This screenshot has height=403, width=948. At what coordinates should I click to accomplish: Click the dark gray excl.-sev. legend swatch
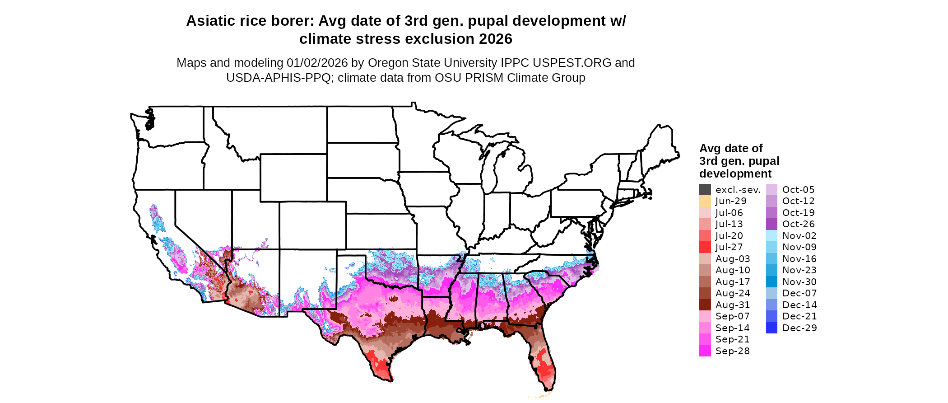point(705,190)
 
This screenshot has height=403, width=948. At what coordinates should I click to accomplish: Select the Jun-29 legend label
point(731,201)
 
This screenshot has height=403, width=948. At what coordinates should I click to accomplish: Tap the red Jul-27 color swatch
point(705,247)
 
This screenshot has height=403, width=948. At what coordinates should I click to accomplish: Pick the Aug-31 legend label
point(732,305)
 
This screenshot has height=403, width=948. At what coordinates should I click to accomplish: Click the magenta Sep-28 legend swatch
point(705,351)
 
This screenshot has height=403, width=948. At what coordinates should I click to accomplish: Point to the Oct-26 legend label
point(798,224)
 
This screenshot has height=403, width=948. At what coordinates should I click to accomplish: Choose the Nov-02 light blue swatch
point(771,236)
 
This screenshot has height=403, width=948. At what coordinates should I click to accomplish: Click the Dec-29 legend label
point(799,328)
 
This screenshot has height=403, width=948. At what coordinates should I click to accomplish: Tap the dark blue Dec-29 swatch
point(771,328)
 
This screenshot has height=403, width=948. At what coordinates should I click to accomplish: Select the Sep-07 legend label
point(732,316)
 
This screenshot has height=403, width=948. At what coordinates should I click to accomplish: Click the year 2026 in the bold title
point(496,39)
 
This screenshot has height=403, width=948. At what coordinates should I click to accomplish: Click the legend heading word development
point(735,173)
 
